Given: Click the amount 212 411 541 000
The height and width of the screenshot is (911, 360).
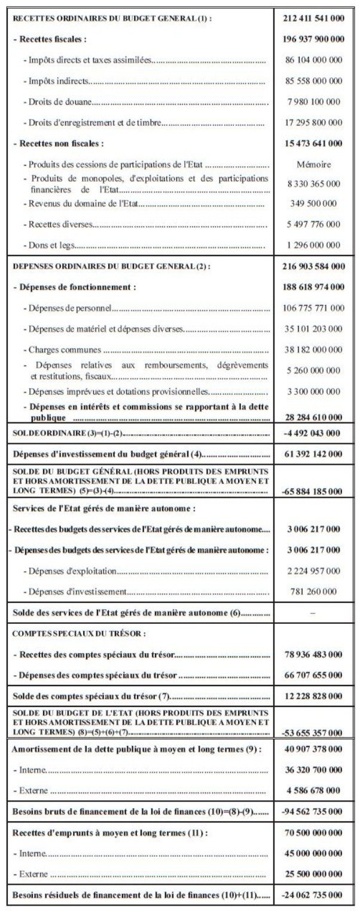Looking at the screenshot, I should pos(314,18).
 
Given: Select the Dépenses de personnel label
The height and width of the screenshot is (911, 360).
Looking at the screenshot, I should pos(71,308).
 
